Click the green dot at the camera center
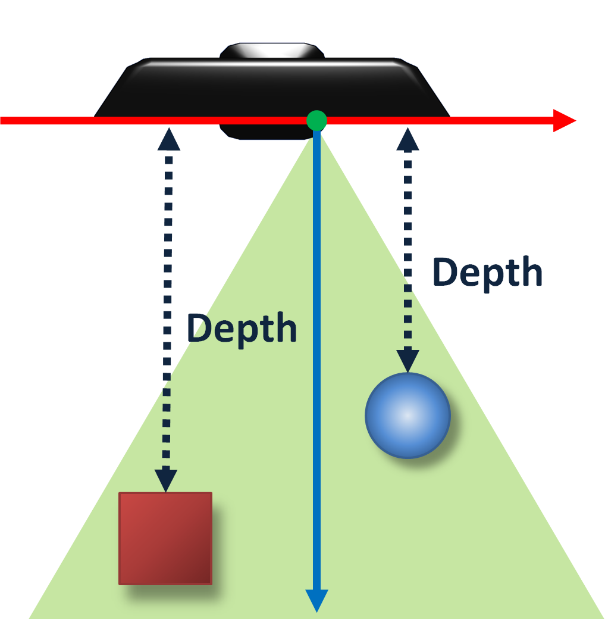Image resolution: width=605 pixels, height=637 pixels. (x=316, y=120)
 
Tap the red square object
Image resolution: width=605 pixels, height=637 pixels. (x=165, y=538)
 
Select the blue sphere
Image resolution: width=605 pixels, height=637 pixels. (x=407, y=416)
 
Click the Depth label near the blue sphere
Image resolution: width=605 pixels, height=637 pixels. (x=487, y=273)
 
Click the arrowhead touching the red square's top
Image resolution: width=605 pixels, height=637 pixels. (x=166, y=480)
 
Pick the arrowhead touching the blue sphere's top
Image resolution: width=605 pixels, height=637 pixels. (x=408, y=361)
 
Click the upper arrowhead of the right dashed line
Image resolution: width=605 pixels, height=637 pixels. (x=407, y=139)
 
